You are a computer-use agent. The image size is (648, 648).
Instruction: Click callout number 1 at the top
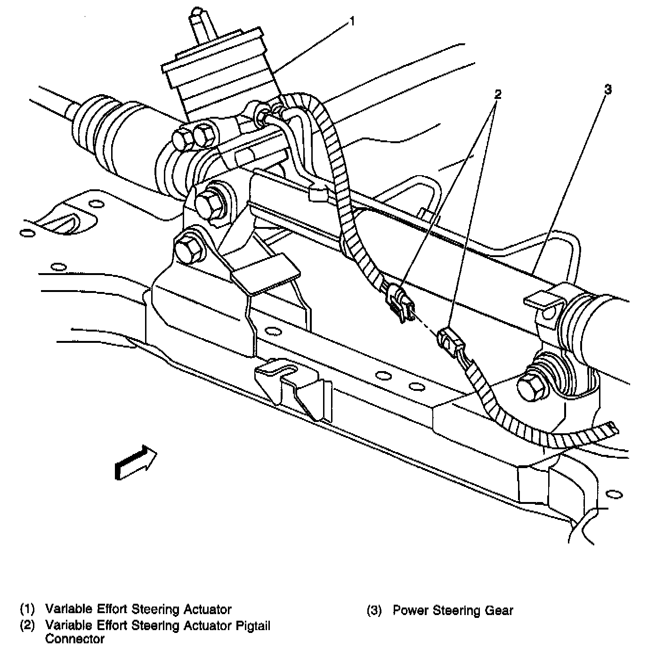352,21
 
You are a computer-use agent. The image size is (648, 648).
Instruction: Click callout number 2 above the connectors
497,94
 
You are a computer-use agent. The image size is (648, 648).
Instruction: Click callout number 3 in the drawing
608,89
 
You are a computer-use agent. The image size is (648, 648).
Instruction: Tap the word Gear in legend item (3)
500,611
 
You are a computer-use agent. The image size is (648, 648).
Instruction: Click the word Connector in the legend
75,639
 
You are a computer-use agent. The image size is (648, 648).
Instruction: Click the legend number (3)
374,611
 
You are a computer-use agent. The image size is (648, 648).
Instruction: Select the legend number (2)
27,626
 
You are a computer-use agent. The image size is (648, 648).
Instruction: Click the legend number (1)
27,609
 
